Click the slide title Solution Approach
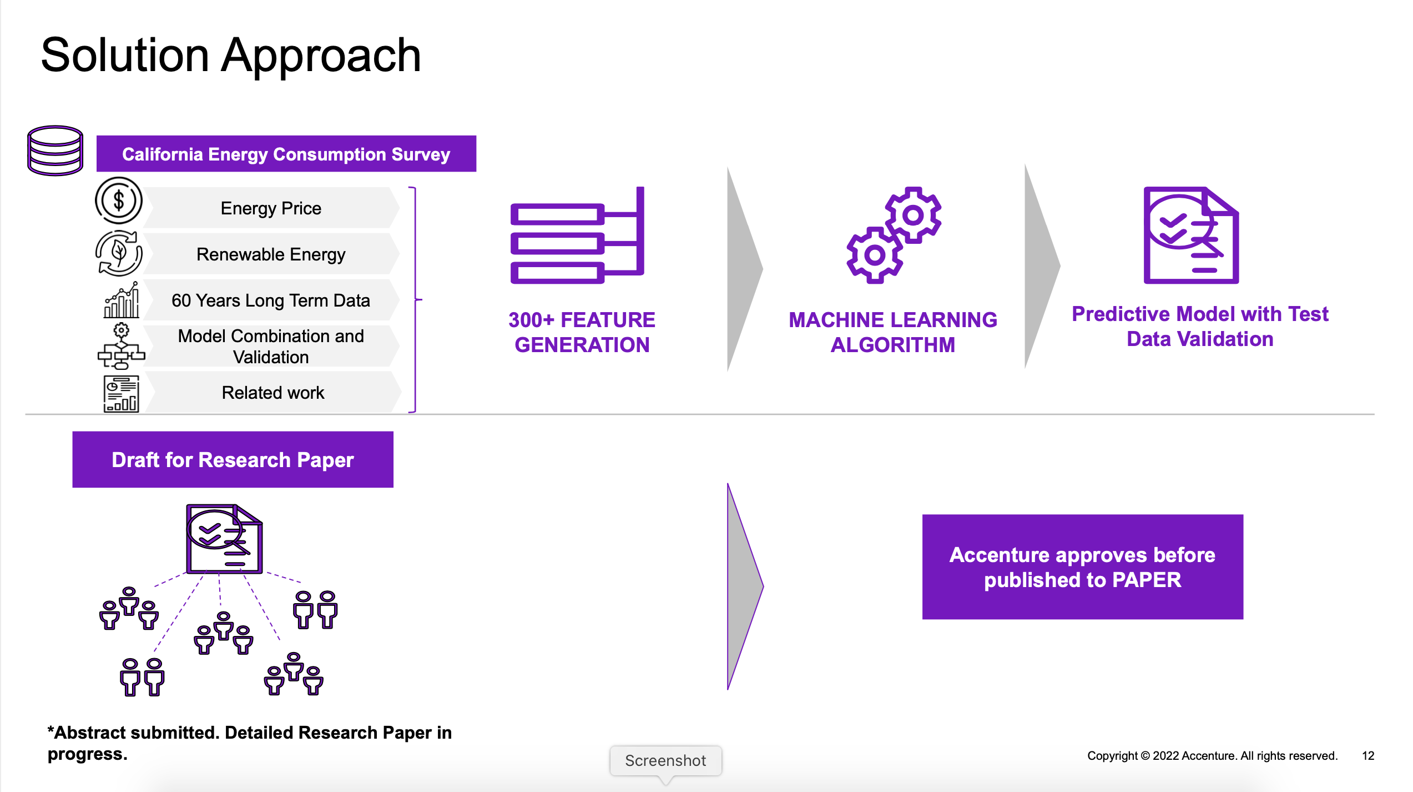pyautogui.click(x=231, y=55)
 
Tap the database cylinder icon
pyautogui.click(x=55, y=150)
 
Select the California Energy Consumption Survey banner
pyautogui.click(x=286, y=154)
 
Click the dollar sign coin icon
pyautogui.click(x=119, y=200)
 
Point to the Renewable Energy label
pyautogui.click(x=271, y=254)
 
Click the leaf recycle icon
pyautogui.click(x=119, y=253)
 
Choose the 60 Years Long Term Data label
pyautogui.click(x=271, y=300)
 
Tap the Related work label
pyautogui.click(x=272, y=393)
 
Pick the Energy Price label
pyautogui.click(x=271, y=208)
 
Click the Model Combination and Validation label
pyautogui.click(x=271, y=346)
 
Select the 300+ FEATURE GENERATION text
pyautogui.click(x=582, y=332)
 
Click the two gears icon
pyautogui.click(x=894, y=235)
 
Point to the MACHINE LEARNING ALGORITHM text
pyautogui.click(x=892, y=332)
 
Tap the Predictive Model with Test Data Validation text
pyautogui.click(x=1200, y=327)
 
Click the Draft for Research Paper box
pyautogui.click(x=233, y=460)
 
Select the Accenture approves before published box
pyautogui.click(x=1082, y=567)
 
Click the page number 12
pyautogui.click(x=1368, y=756)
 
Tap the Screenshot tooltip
pyautogui.click(x=665, y=760)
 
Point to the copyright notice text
pyautogui.click(x=1212, y=756)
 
